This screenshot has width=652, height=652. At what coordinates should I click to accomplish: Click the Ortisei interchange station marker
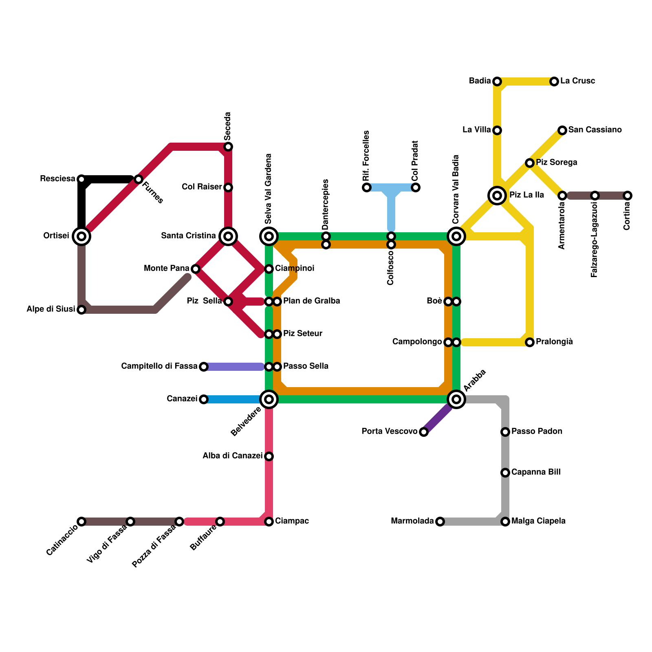tap(81, 236)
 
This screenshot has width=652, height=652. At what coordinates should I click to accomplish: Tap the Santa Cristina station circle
tap(228, 236)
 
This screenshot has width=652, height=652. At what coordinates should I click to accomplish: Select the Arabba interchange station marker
tap(456, 399)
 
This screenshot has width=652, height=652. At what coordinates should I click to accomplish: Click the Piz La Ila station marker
tap(497, 195)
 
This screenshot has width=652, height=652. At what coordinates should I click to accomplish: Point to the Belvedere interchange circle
tap(269, 399)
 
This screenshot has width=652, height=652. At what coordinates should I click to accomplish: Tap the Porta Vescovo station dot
tap(424, 432)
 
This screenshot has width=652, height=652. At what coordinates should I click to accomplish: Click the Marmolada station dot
tap(440, 522)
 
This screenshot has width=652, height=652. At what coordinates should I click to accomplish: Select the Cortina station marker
tap(628, 196)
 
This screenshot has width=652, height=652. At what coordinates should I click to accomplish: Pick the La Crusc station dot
tap(554, 81)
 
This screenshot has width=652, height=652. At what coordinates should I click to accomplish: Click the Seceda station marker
tap(228, 147)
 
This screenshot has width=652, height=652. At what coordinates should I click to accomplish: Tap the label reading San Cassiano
tap(595, 130)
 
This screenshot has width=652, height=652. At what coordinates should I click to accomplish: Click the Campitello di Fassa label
tap(159, 366)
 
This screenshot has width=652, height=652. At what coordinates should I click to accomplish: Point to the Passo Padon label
tap(537, 432)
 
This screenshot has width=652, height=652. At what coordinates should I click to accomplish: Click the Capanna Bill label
tap(536, 472)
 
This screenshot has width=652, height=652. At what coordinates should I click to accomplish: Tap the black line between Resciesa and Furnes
tap(108, 179)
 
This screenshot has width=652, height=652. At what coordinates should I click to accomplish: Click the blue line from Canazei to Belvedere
tap(232, 399)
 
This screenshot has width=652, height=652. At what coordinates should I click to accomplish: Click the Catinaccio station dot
tap(81, 522)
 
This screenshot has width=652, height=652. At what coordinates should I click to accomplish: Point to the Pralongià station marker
tap(529, 342)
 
